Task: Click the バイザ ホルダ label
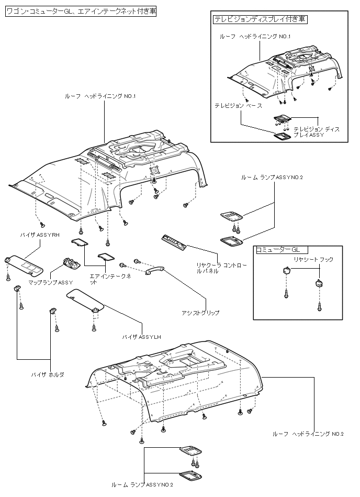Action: tap(47, 375)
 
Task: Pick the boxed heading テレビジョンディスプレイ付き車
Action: tap(260, 19)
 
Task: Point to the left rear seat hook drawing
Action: tap(286, 270)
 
